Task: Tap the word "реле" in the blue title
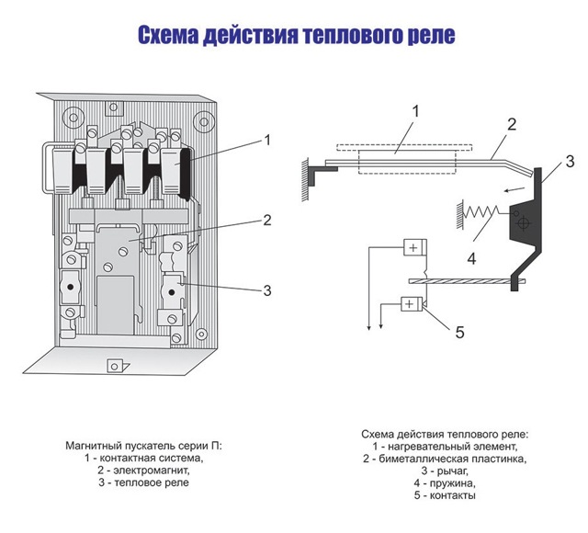coord(425,36)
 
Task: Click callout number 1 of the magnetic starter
coord(267,140)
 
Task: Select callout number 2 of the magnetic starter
coord(267,220)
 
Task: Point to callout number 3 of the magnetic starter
coord(267,290)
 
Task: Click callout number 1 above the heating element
coord(415,111)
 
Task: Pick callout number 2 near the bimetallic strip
coord(513,124)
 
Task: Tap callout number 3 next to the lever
coord(570,161)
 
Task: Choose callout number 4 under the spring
coord(470,257)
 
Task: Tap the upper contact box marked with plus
coord(413,248)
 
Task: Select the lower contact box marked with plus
coord(413,303)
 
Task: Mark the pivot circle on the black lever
coord(523,222)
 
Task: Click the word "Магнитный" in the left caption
coord(96,445)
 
